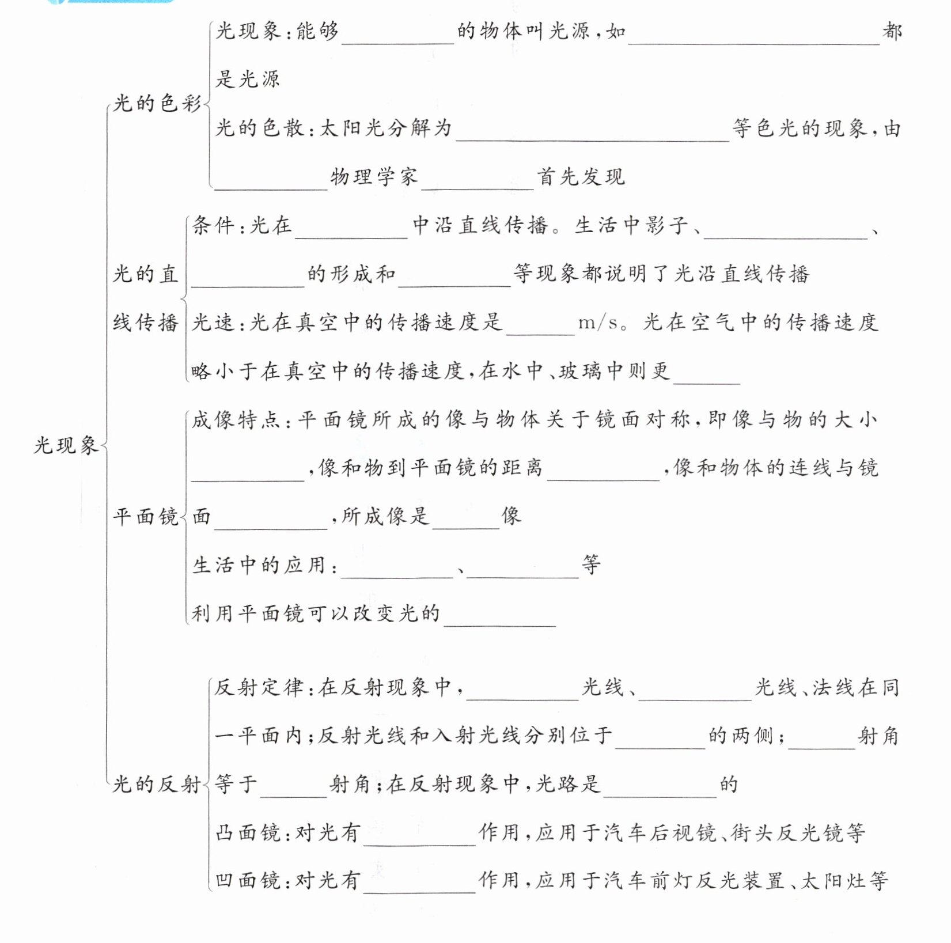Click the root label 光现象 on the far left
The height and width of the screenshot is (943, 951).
pos(66,445)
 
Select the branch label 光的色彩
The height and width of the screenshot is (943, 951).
pos(157,104)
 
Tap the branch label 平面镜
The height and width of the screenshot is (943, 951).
pos(145,517)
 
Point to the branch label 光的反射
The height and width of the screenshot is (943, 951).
pos(157,785)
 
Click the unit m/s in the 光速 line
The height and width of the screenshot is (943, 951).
pos(598,323)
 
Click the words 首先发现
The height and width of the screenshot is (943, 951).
pos(581,177)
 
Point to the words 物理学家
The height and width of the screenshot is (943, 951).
pos(374,177)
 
